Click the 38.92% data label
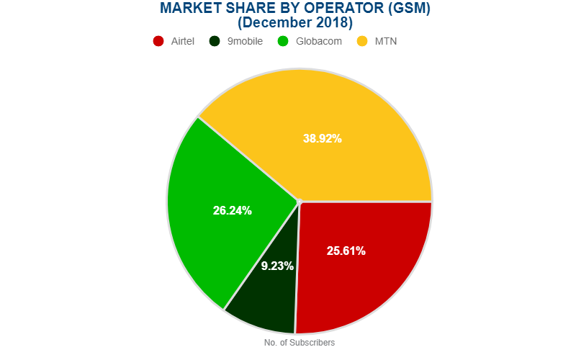pos(322,139)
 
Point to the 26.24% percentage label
pos(233,210)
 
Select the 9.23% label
pos(277,266)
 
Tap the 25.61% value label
pos(346,251)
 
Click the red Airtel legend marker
pos(159,41)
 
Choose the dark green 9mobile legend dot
pos(214,41)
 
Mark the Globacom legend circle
pos(283,41)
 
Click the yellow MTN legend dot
pos(362,41)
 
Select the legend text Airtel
pos(183,41)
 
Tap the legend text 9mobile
pos(245,41)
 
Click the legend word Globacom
pos(318,41)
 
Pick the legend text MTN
pos(386,41)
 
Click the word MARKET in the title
pos(188,9)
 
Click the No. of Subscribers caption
pos(300,343)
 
